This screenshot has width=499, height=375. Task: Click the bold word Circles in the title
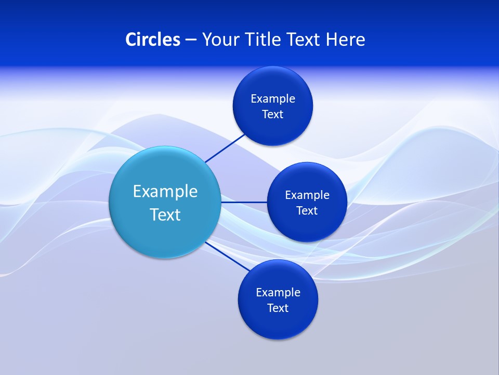tap(152, 39)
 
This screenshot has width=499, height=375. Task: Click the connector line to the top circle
tap(226, 148)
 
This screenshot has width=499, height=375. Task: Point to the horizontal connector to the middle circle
tap(244, 202)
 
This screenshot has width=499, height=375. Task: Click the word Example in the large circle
tap(165, 191)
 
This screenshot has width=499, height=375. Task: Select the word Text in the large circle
tap(165, 214)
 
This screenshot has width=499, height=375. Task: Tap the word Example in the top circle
tap(273, 98)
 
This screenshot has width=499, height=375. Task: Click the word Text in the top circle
tap(273, 114)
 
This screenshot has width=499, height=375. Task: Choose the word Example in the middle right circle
tap(307, 195)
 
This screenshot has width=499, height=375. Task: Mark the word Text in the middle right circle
tap(307, 210)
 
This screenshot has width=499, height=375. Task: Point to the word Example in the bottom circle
tap(278, 292)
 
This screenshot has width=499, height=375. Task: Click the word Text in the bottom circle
tap(278, 308)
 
